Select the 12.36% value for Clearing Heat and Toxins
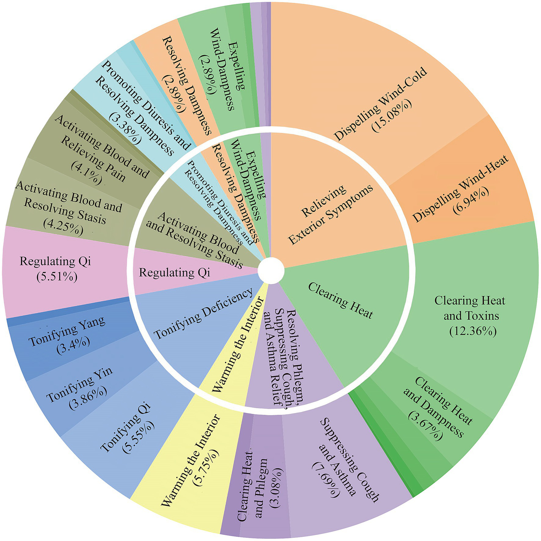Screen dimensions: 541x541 click(473, 331)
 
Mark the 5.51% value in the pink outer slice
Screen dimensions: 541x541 click(57, 277)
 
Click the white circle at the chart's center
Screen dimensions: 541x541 click(271, 271)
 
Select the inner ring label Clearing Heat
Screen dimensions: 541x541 click(340, 300)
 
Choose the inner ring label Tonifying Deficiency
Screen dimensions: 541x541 click(204, 313)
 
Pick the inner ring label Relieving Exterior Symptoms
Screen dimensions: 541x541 click(330, 215)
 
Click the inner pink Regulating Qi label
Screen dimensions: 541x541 click(174, 272)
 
